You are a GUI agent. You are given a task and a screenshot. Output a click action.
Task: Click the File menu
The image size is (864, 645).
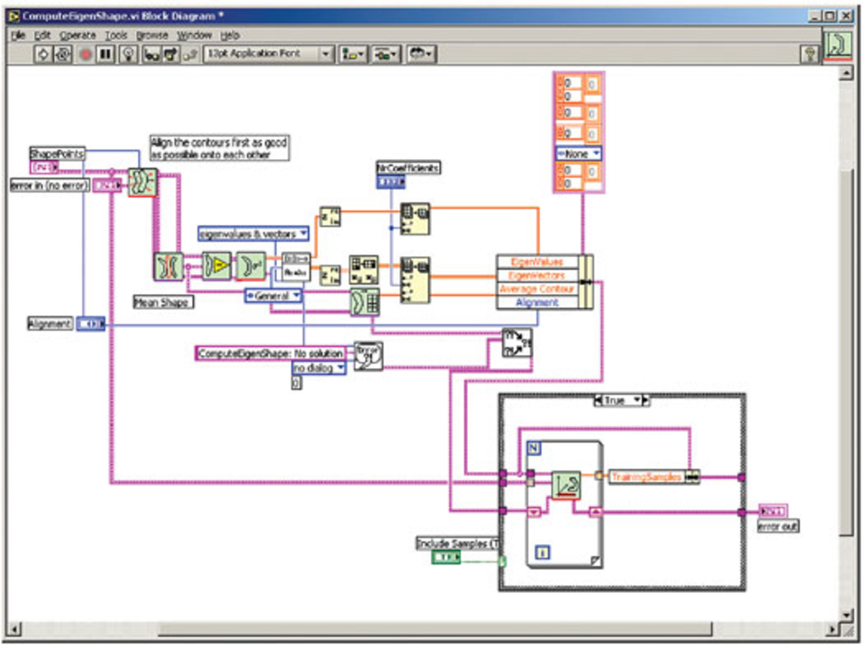tap(18, 35)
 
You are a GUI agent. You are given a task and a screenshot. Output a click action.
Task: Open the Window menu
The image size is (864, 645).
tap(194, 35)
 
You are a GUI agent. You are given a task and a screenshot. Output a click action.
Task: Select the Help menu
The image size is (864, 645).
tap(229, 35)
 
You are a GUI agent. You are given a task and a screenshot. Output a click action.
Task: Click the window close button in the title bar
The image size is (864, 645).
tap(846, 16)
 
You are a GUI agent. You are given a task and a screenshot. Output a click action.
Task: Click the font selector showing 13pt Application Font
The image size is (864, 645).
tap(268, 54)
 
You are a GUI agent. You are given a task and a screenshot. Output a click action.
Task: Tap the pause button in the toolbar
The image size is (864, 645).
tap(105, 54)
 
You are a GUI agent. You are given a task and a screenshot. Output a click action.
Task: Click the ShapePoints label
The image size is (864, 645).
tap(57, 154)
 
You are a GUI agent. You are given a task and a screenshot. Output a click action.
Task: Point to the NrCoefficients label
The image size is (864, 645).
tap(408, 168)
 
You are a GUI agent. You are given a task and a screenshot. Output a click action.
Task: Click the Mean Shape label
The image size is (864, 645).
tap(163, 302)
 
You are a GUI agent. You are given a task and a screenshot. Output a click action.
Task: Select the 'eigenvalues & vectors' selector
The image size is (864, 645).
tap(253, 234)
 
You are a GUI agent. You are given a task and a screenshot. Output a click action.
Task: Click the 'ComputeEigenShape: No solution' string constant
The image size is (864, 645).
tap(270, 354)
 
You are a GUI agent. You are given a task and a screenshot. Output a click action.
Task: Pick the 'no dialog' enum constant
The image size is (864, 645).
tap(318, 368)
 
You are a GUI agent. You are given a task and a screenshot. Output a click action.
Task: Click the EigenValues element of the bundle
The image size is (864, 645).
tap(537, 262)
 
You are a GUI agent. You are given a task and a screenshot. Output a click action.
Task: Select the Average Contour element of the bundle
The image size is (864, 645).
tap(537, 289)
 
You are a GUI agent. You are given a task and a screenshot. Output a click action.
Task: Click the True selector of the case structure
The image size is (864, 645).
tap(621, 400)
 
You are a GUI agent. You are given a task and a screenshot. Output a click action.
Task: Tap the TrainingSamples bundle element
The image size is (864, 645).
tap(646, 477)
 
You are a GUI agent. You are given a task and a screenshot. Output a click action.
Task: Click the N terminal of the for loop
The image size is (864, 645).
tap(534, 448)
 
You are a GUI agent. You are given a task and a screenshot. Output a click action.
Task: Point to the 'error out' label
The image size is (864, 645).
tap(778, 526)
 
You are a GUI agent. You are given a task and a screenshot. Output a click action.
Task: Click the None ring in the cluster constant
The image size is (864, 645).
tap(578, 154)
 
